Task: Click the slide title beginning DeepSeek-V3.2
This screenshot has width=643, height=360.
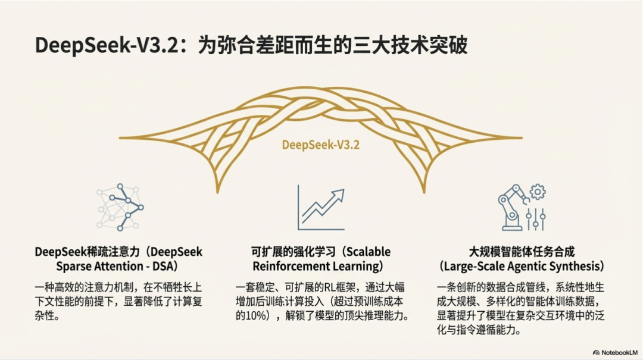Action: click(x=251, y=45)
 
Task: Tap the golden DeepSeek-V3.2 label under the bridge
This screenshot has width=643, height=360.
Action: click(x=321, y=145)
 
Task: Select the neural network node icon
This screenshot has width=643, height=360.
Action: click(x=120, y=207)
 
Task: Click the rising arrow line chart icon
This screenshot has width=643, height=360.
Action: click(x=321, y=208)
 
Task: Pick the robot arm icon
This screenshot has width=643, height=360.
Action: click(x=511, y=208)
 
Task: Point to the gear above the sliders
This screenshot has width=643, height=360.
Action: click(x=538, y=192)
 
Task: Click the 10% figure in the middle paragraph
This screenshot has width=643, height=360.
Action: click(x=256, y=316)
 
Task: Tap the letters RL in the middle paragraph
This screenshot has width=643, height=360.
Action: click(x=330, y=287)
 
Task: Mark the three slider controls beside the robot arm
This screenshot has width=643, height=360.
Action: click(x=536, y=219)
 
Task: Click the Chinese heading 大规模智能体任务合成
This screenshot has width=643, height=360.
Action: click(x=522, y=252)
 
